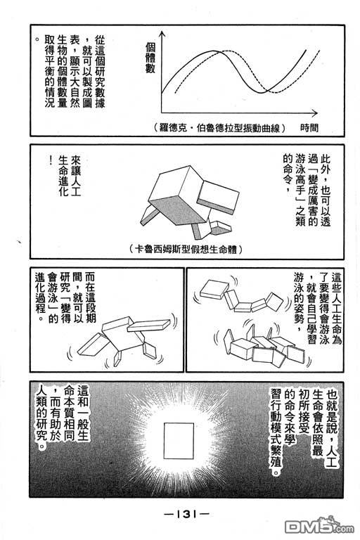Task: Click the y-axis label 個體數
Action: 150,58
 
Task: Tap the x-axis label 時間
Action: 309,128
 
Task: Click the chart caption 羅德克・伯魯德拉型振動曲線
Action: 220,128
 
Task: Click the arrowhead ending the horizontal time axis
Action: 314,112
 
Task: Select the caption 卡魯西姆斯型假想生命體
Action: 186,249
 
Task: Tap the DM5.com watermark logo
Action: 319,525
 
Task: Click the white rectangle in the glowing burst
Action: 179,441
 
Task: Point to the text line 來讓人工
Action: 75,176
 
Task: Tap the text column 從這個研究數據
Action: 100,72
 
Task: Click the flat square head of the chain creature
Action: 214,289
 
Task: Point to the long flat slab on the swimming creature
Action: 148,326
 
